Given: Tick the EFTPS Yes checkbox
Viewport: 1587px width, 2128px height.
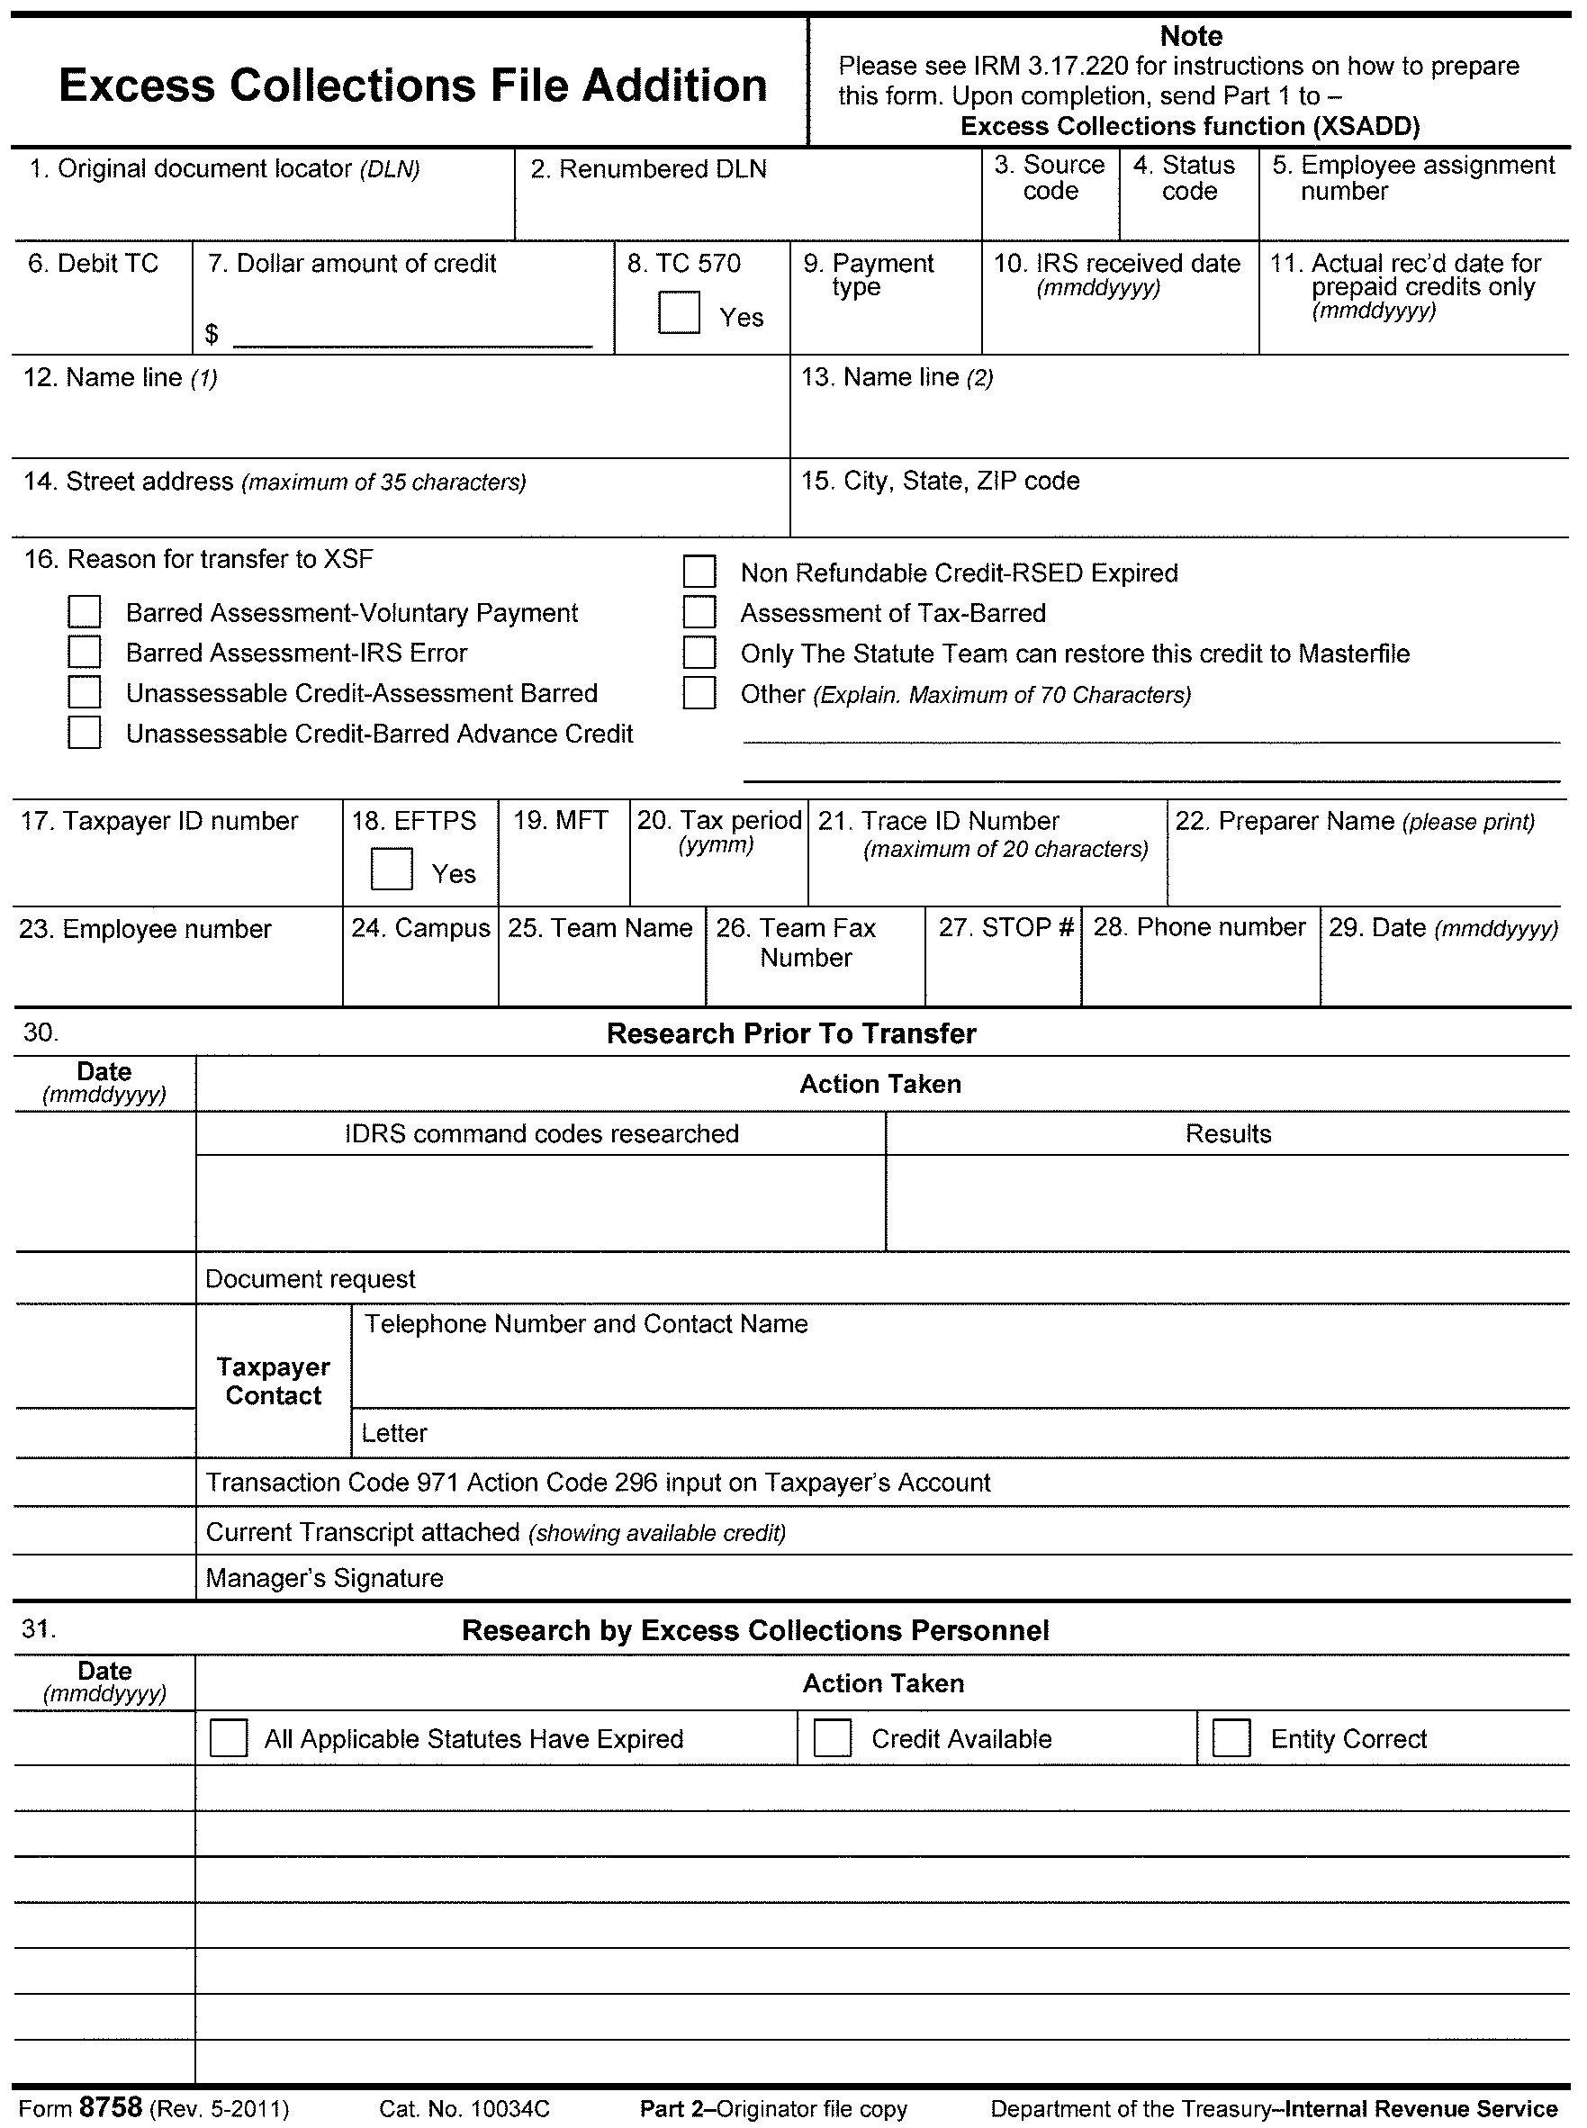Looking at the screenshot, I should coord(391,869).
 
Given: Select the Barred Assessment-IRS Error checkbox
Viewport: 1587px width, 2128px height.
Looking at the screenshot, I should coord(85,653).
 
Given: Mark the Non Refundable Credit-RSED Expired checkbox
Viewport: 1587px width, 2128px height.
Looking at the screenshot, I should coord(699,572).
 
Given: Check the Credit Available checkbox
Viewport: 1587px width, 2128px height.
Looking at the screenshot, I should coord(832,1738).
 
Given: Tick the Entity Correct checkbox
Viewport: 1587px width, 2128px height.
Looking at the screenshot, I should coord(1231,1738).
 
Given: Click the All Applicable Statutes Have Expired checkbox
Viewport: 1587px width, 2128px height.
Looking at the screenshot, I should coord(228,1738).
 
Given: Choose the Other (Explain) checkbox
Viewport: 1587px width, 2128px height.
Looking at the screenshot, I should coord(699,693).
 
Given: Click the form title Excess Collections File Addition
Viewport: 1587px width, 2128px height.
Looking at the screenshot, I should coord(413,85).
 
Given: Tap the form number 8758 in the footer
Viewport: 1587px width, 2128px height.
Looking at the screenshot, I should coord(111,2108).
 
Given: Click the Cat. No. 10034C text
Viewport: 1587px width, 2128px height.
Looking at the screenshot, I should coord(464,2109).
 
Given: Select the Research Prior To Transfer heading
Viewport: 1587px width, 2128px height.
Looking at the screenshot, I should coord(791,1033).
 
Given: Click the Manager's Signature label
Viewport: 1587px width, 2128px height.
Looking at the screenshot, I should coord(325,1579).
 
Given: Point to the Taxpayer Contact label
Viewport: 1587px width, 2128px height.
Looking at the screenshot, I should coord(273,1381).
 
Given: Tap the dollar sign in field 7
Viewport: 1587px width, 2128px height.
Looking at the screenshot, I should coord(212,333).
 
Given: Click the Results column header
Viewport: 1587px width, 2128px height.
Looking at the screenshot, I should coord(1228,1133).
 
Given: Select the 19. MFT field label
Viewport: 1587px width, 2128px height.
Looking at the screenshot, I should coord(560,820).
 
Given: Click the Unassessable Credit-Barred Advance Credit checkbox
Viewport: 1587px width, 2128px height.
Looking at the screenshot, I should coord(85,733).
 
